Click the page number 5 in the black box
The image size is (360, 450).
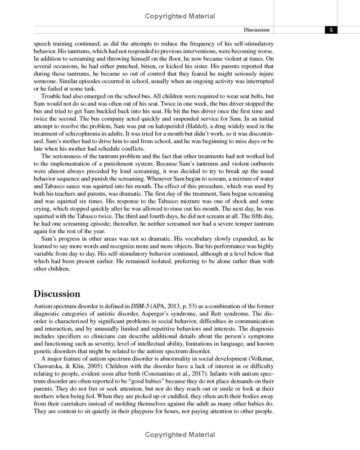coord(331,30)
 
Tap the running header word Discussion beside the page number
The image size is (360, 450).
coord(256,30)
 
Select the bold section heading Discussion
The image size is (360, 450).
coord(57,294)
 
